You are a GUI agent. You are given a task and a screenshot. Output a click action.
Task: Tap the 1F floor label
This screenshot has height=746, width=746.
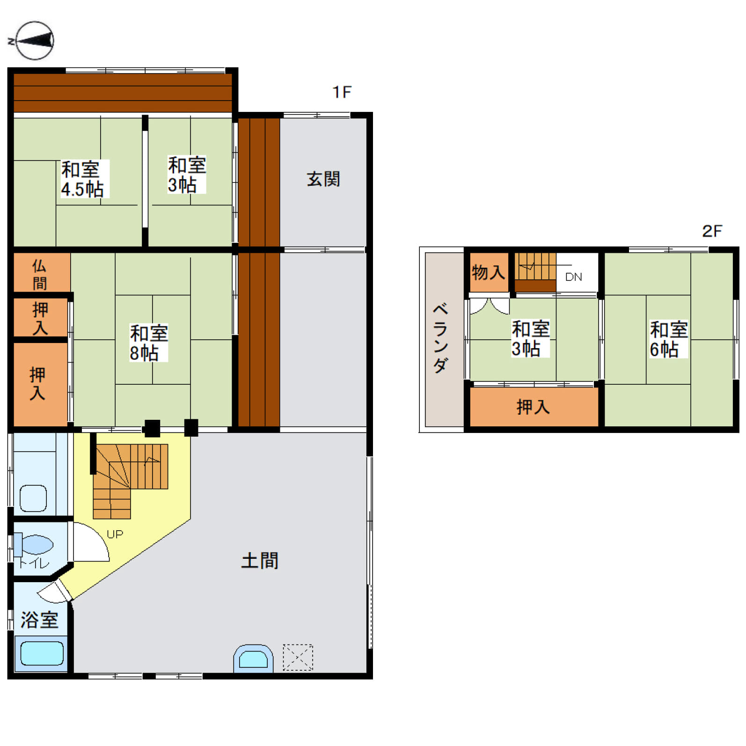pyautogui.click(x=342, y=92)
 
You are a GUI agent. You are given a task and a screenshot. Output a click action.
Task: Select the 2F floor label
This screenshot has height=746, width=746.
pyautogui.click(x=712, y=231)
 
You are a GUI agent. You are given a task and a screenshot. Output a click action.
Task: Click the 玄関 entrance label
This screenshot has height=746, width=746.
pyautogui.click(x=323, y=179)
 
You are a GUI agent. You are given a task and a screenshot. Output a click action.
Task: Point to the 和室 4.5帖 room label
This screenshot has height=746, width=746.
pyautogui.click(x=82, y=179)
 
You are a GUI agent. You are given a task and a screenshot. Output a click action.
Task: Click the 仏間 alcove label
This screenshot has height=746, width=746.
pyautogui.click(x=39, y=275)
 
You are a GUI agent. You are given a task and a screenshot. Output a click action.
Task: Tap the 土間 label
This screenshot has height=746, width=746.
pyautogui.click(x=260, y=561)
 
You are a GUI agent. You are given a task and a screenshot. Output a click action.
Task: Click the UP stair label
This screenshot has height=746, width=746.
pyautogui.click(x=115, y=534)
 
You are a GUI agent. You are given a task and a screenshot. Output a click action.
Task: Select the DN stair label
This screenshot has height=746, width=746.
pyautogui.click(x=573, y=277)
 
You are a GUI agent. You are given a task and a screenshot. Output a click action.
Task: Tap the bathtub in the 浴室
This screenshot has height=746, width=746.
pyautogui.click(x=42, y=653)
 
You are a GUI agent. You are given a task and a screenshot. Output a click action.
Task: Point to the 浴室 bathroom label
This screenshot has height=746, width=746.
pyautogui.click(x=39, y=620)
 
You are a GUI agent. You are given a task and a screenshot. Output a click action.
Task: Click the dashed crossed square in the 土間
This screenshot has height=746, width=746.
pyautogui.click(x=298, y=657)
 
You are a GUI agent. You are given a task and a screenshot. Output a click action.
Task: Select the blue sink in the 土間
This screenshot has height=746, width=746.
pyautogui.click(x=253, y=658)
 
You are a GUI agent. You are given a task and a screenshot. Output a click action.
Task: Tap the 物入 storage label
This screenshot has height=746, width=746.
pyautogui.click(x=488, y=272)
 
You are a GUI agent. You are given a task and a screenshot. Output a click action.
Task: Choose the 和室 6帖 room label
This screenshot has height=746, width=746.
pyautogui.click(x=668, y=339)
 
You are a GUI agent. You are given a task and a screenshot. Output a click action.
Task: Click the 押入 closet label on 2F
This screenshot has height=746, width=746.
pyautogui.click(x=533, y=407)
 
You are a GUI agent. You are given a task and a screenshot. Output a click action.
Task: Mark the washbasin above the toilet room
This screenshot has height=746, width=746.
pyautogui.click(x=33, y=498)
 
